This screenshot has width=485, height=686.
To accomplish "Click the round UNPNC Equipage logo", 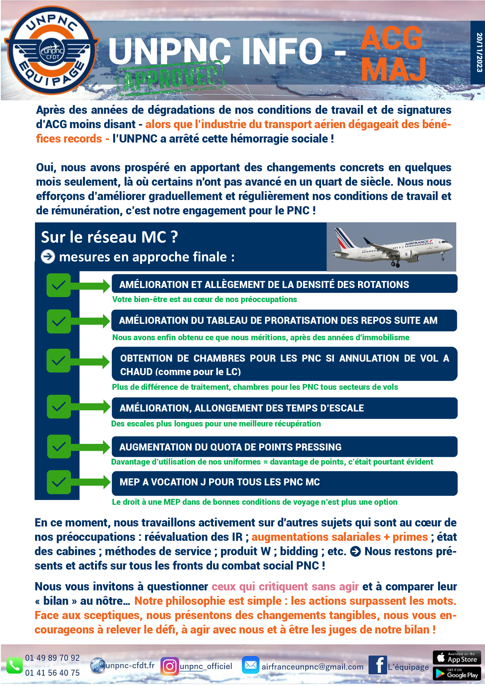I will tap(51, 50).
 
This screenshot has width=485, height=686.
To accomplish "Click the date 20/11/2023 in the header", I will tap(479, 52).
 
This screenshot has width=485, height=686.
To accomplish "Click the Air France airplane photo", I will tap(391, 247).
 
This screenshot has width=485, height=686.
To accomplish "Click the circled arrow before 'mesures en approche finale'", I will tap(48, 257).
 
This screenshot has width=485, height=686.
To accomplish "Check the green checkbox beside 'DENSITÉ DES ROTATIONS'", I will tap(59, 285).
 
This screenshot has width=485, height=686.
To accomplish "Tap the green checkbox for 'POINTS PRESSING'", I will tap(59, 447).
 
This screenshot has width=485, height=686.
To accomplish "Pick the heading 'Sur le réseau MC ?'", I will tap(109, 237).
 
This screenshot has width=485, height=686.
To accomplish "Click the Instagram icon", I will tap(169, 666).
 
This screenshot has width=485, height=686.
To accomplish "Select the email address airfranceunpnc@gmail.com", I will tap(312, 667).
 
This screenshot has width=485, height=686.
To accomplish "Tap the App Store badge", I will tap(457, 658).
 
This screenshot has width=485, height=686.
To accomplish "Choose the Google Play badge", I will tap(457, 673).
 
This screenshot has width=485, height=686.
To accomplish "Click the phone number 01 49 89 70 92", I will tap(52, 658).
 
